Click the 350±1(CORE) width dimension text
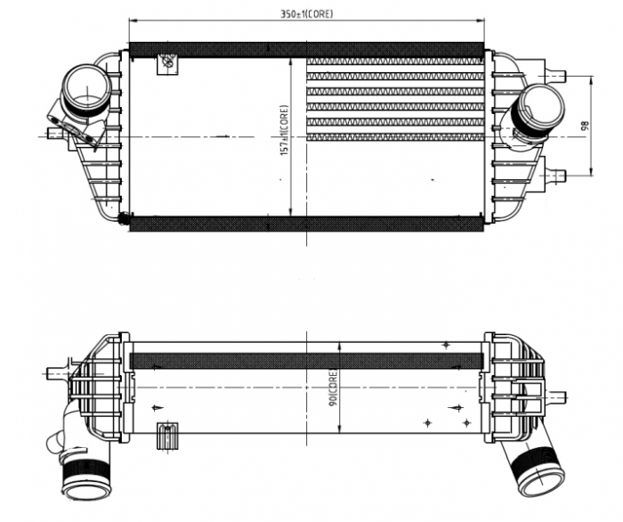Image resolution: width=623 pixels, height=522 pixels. point(306,14)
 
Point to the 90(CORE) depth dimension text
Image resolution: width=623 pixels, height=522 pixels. point(332,388)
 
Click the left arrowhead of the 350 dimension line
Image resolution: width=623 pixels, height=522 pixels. point(133,22)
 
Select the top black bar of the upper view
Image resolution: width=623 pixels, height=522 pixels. point(306,51)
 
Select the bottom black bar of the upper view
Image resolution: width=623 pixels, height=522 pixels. point(306,223)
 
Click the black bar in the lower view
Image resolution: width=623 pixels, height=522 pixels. point(306,361)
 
